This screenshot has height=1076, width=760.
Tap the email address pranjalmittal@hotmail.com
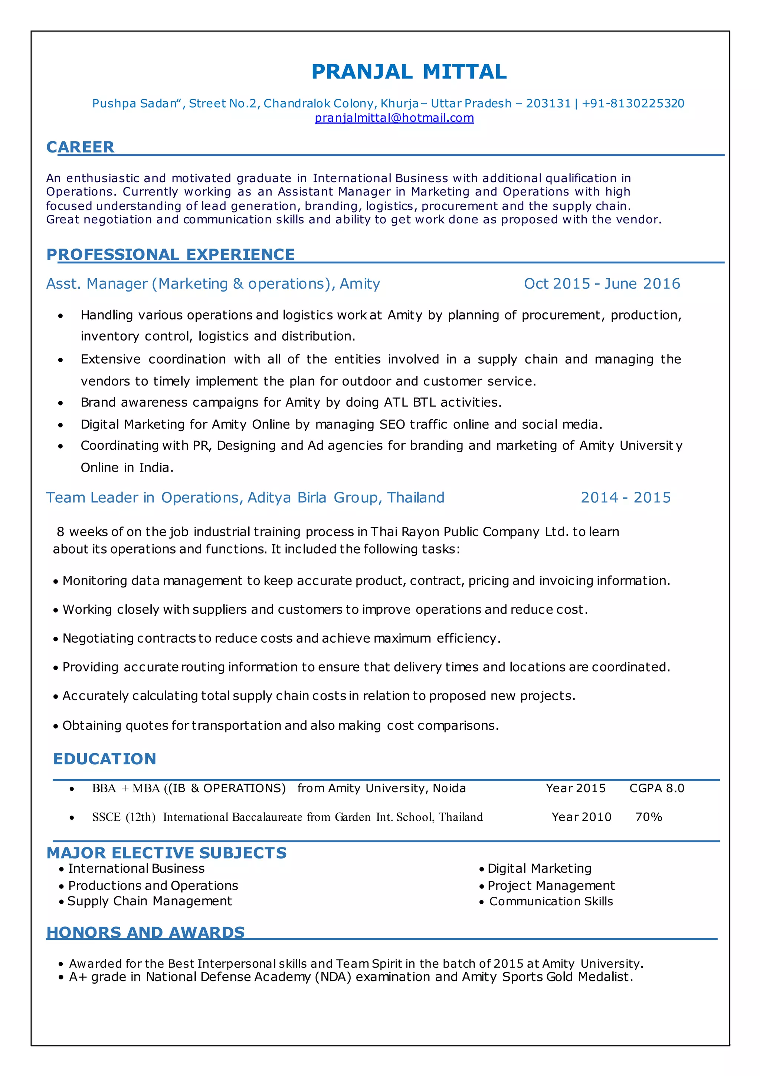click(x=394, y=118)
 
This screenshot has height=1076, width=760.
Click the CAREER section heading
click(x=80, y=147)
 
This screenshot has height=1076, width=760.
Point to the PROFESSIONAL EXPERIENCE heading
click(x=170, y=254)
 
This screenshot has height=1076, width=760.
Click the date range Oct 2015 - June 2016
click(x=602, y=283)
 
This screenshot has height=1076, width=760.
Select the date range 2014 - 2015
click(x=625, y=497)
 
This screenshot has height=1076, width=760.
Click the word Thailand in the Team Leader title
click(x=415, y=497)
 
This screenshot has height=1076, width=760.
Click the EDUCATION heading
click(x=105, y=758)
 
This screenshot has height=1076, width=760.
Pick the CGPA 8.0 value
click(x=656, y=788)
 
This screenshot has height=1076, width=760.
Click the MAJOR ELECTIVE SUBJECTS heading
click(x=167, y=853)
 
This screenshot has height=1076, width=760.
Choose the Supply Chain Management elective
click(x=149, y=901)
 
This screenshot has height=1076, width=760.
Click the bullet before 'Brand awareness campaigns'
click(x=60, y=403)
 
